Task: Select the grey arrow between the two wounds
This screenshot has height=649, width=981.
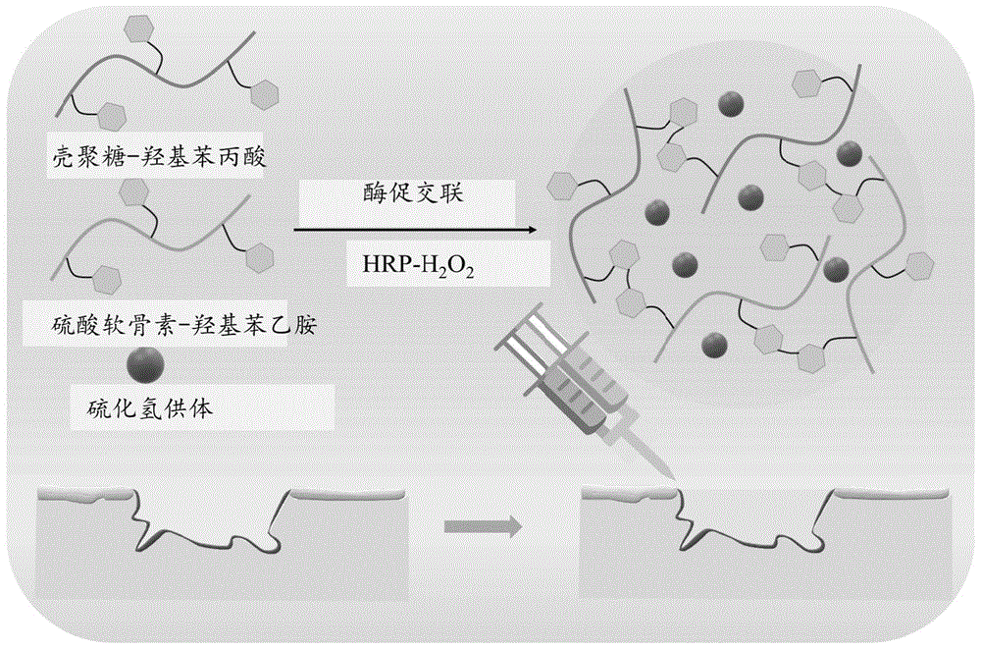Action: (482, 527)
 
